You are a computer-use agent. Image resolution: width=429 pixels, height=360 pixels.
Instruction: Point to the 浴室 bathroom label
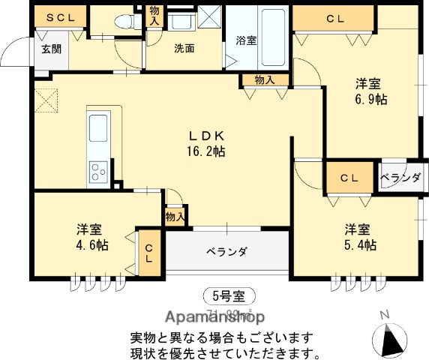coord(247,40)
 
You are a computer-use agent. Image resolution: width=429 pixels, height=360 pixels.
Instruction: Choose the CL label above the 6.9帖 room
coord(334,19)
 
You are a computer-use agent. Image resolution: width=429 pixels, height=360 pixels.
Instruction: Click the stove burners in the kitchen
coord(99,172)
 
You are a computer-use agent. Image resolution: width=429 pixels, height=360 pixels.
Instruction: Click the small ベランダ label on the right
coord(400,178)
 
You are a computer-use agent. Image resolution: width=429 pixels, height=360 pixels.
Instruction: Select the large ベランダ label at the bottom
coord(226,252)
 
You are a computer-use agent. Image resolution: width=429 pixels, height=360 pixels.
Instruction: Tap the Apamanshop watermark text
coord(212,316)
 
